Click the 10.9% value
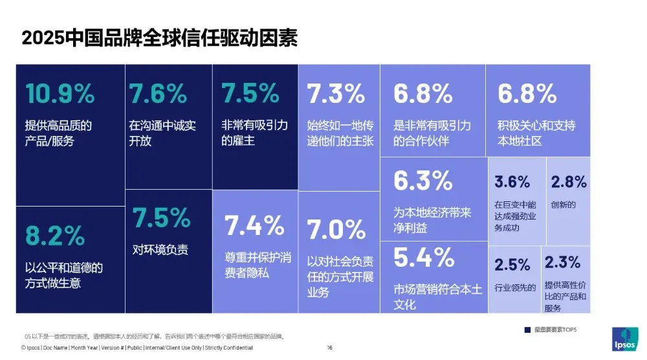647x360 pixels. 60,95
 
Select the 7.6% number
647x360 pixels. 159,95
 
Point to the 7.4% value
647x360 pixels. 254,226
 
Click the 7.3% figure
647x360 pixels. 336,95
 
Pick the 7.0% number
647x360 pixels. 336,229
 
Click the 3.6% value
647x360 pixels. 512,182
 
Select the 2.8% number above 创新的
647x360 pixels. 569,182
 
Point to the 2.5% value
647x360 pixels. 512,265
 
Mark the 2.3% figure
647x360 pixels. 562,263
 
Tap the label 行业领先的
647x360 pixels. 515,288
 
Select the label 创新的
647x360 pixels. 563,205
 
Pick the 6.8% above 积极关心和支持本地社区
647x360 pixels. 527,95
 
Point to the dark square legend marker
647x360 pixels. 527,330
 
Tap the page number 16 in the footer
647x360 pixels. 329,348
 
